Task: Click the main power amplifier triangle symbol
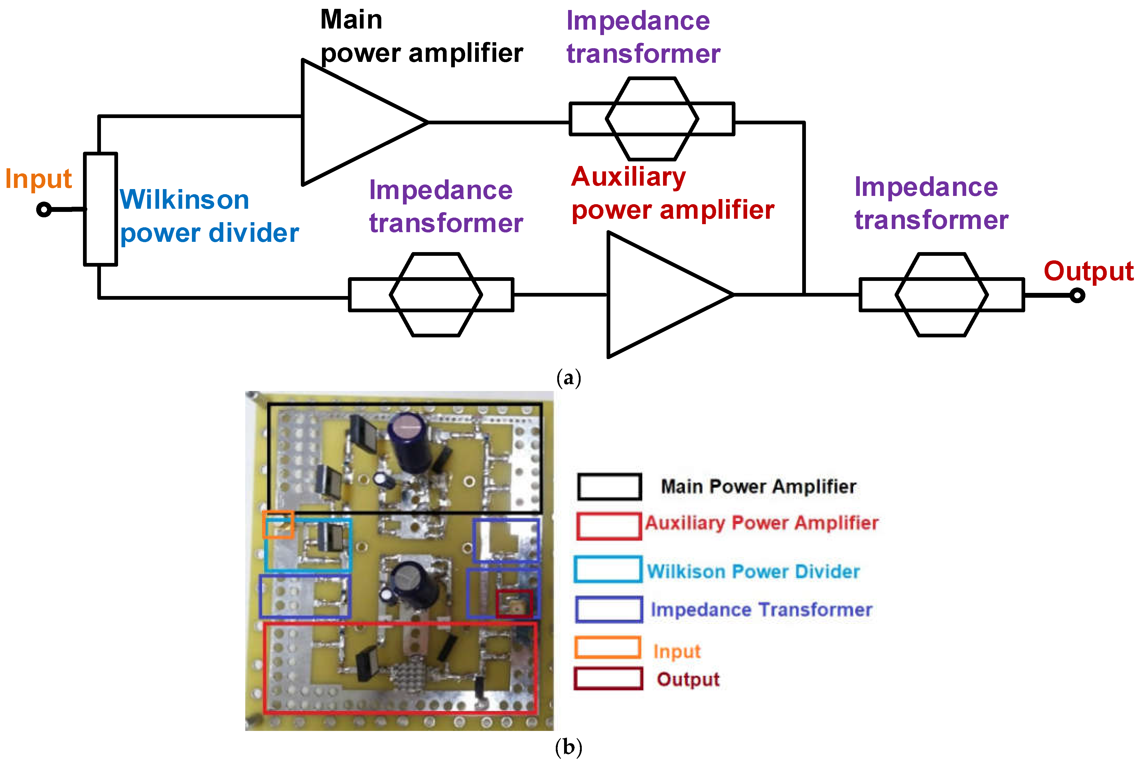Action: tap(351, 122)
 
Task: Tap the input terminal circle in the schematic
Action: tap(44, 210)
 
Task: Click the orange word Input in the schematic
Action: tap(38, 179)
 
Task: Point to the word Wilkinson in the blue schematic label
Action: tap(184, 200)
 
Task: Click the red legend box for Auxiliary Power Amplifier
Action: tap(609, 526)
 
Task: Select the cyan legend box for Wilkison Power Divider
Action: tap(607, 569)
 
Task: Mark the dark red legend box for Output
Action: tap(608, 679)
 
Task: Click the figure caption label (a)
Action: tap(569, 378)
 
